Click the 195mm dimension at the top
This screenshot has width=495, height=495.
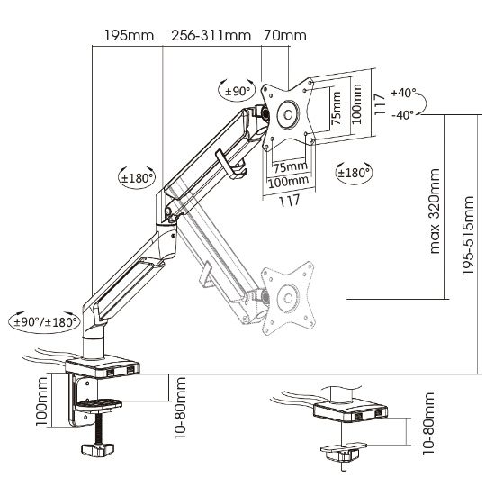[129, 35]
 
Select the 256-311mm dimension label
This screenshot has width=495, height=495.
[211, 35]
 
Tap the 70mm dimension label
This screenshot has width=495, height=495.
[285, 35]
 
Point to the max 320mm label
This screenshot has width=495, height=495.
[435, 211]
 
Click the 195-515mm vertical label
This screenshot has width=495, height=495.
[469, 235]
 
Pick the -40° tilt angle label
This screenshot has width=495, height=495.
[403, 115]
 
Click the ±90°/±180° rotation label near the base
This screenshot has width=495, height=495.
[46, 322]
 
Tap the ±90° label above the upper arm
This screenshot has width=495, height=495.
[238, 91]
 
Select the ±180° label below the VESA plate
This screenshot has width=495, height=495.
[354, 173]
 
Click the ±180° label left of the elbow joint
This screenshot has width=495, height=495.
[137, 178]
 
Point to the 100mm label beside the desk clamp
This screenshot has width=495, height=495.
[41, 400]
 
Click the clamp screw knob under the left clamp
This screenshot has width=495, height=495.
[97, 449]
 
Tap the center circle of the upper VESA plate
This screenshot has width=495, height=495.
[288, 114]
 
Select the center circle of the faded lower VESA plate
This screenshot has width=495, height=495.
[288, 298]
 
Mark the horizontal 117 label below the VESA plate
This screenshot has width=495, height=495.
[289, 201]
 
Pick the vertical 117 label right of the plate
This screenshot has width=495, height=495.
[380, 104]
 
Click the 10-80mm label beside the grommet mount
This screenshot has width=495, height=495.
[428, 423]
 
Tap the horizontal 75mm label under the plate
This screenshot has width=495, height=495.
[290, 166]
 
